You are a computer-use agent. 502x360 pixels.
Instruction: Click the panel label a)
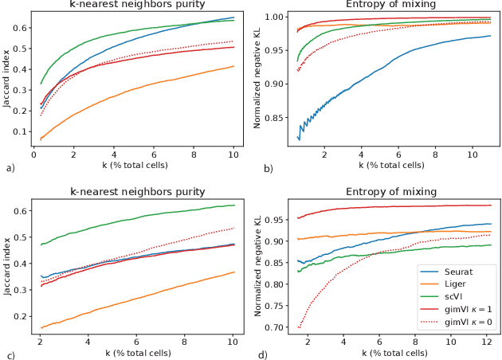pos(10,169)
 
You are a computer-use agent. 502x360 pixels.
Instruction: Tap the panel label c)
pos(10,354)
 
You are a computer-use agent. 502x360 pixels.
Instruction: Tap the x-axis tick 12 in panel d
pos(485,340)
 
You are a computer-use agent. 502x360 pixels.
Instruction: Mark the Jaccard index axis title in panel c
pos(8,266)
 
